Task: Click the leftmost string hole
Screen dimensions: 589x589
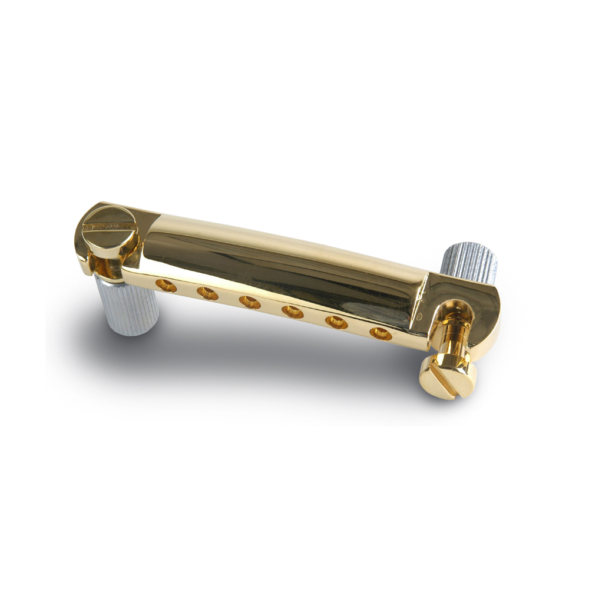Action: pos(166,286)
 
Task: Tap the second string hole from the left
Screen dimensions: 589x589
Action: pos(207,293)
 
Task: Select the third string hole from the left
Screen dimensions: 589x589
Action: pos(250,302)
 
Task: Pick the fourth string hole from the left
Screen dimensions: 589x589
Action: pos(292,312)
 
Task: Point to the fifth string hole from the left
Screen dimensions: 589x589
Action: pos(336,322)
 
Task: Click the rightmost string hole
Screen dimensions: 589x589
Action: pos(380,333)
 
